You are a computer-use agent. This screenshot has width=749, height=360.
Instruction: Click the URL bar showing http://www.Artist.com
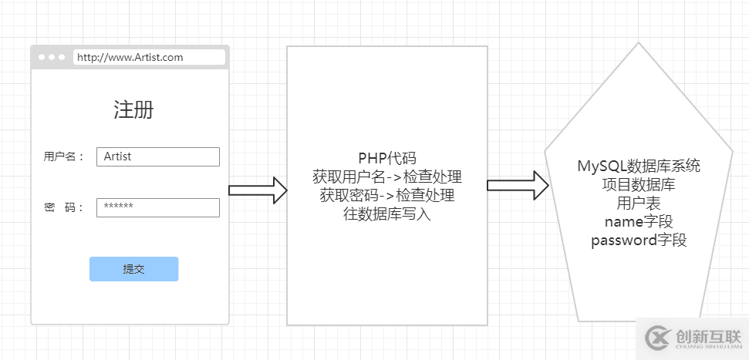pos(149,57)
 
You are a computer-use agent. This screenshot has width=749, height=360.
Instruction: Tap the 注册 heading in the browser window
pos(133,109)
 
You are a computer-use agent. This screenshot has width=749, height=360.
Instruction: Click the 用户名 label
pos(63,156)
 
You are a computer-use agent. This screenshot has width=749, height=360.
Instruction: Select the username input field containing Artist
pos(157,156)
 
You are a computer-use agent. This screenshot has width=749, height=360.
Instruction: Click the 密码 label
pos(63,207)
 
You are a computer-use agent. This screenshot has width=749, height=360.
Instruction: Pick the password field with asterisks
pos(157,207)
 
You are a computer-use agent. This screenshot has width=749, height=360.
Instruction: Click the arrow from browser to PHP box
pos(258,190)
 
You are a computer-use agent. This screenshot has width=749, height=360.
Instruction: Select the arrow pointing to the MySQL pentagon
pos(517,185)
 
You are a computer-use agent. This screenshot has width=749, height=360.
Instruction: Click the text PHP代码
pos(386,159)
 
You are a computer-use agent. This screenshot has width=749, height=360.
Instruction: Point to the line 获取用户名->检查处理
pos(386,177)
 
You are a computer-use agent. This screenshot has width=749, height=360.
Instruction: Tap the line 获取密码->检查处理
pos(386,196)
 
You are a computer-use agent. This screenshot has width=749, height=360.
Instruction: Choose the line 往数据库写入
pos(386,214)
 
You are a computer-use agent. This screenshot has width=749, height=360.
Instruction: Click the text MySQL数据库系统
pos(639,166)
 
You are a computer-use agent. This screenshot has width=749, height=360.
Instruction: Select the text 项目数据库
pos(639,185)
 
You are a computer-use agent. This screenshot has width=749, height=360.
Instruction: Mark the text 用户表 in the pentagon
pos(639,204)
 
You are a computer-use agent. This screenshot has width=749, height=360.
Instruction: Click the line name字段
pos(639,222)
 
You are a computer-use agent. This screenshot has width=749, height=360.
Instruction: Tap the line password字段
pos(639,241)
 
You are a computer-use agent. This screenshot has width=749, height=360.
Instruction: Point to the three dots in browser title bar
pos(51,57)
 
